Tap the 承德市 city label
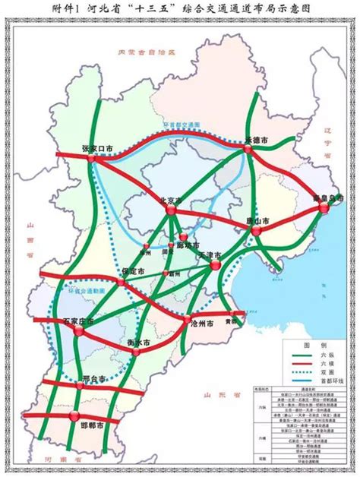pos(258,141)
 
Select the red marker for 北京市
pos(172,208)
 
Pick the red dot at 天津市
pos(215,266)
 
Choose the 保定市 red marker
pos(122,282)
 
